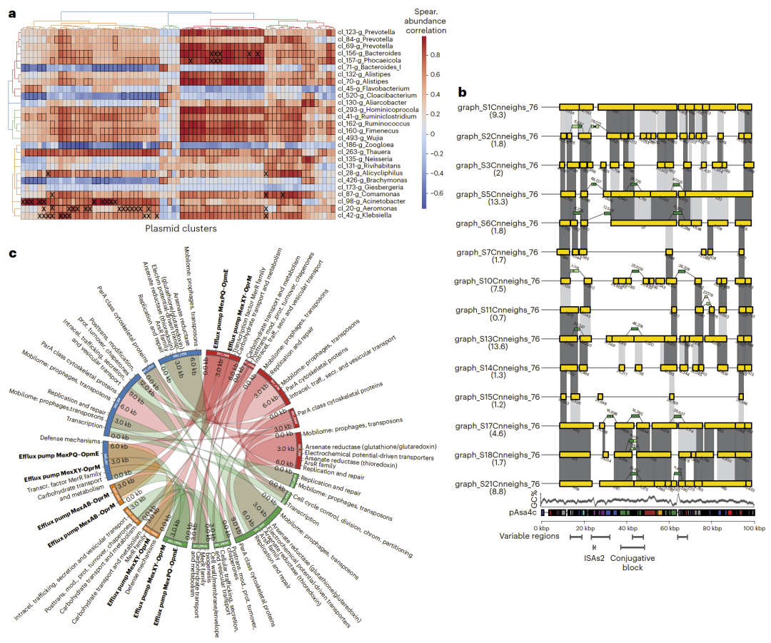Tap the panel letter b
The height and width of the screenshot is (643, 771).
(x=463, y=92)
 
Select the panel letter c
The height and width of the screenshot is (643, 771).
(x=11, y=254)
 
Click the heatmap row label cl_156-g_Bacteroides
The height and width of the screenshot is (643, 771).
(x=369, y=53)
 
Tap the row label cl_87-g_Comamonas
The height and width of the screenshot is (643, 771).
(x=366, y=194)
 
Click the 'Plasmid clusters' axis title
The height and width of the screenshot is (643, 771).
(x=181, y=229)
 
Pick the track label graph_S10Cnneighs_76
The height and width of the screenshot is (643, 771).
(x=498, y=280)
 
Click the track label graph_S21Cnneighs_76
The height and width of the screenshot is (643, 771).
(x=498, y=483)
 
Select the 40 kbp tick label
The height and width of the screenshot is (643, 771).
(x=628, y=528)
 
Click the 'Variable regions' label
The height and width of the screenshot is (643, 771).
(x=529, y=536)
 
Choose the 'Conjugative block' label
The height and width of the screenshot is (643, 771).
(x=632, y=563)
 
